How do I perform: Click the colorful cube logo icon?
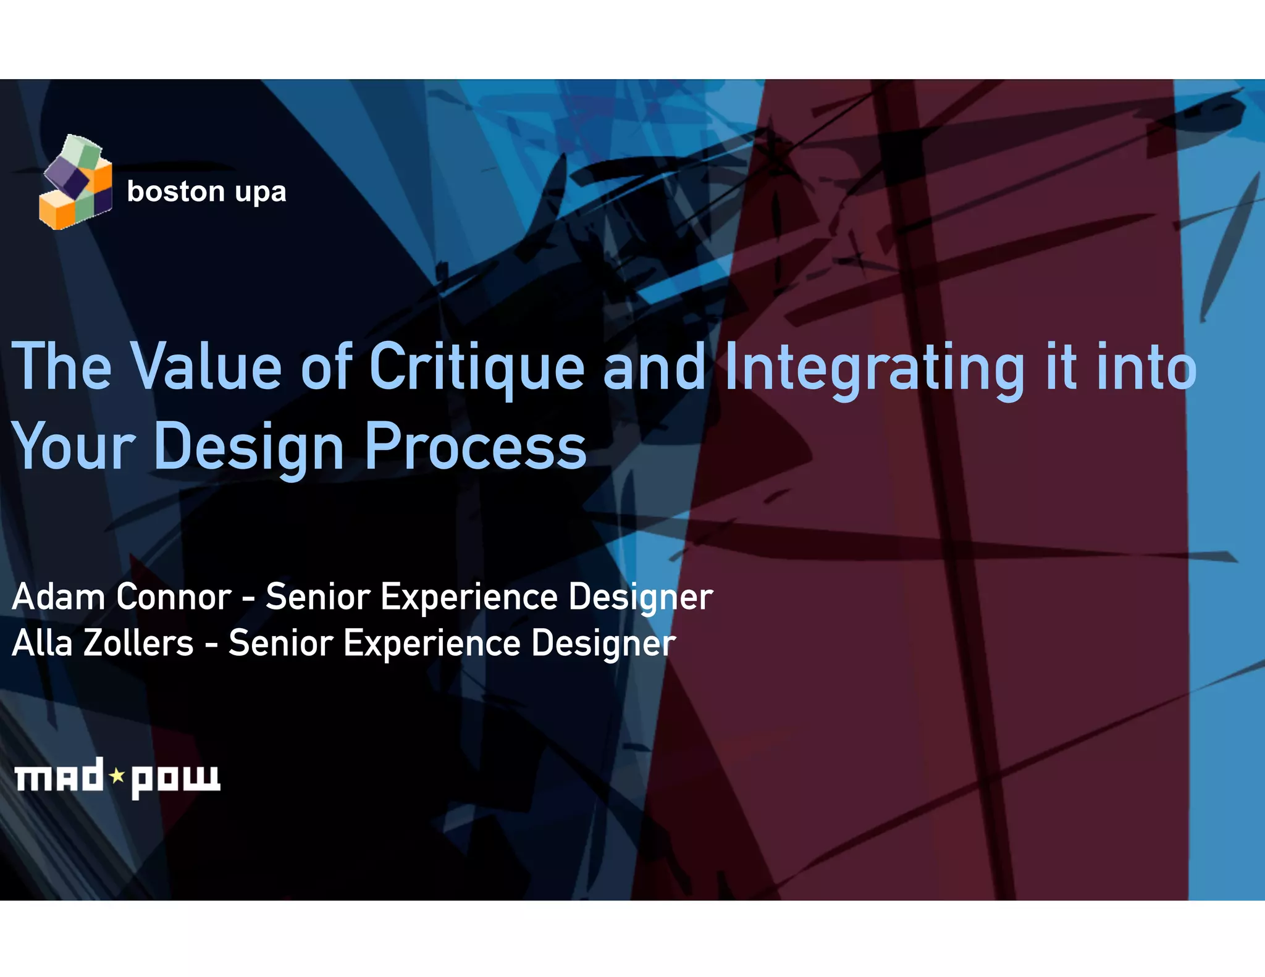tap(75, 183)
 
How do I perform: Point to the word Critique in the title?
tap(476, 368)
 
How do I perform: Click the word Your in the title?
tap(73, 446)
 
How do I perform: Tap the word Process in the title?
tap(476, 446)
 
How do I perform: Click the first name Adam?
tap(59, 597)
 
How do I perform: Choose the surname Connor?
tap(174, 597)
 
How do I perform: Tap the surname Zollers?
tap(138, 643)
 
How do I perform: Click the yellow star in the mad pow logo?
tap(117, 775)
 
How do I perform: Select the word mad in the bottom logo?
tap(59, 776)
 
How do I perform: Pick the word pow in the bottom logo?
tap(175, 779)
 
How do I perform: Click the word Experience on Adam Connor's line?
tap(469, 597)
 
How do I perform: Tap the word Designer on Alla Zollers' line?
tap(603, 644)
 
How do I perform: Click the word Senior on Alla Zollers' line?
tap(281, 643)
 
